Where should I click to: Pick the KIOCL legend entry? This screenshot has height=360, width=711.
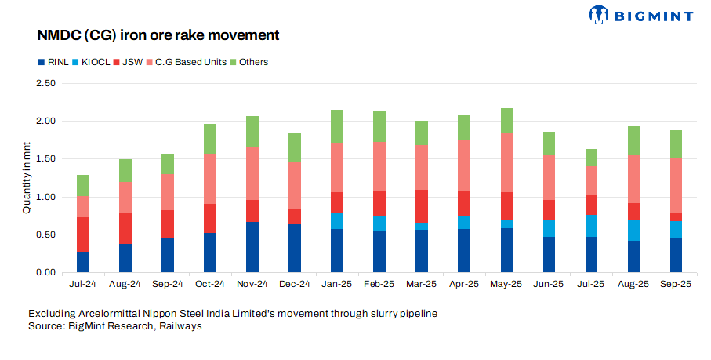pos(89,62)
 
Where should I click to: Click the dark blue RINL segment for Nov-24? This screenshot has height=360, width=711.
pos(252,247)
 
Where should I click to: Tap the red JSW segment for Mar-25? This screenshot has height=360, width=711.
pos(421,205)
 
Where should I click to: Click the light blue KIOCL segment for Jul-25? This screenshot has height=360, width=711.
pos(590,225)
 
